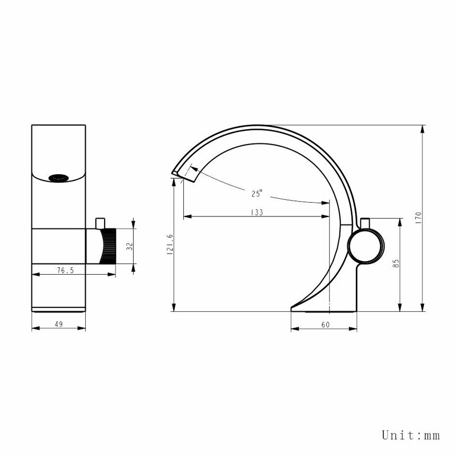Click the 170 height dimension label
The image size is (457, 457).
click(x=419, y=218)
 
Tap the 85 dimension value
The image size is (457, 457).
click(x=396, y=263)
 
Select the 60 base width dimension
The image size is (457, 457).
click(x=325, y=324)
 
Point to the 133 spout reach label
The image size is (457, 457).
click(x=257, y=212)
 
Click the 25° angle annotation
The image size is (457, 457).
click(x=256, y=193)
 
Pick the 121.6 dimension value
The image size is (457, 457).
click(x=170, y=244)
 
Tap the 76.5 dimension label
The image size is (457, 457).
click(x=65, y=270)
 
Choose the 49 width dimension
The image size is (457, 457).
click(x=59, y=324)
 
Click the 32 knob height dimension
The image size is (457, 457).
click(x=130, y=246)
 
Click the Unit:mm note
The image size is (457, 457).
click(x=411, y=435)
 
